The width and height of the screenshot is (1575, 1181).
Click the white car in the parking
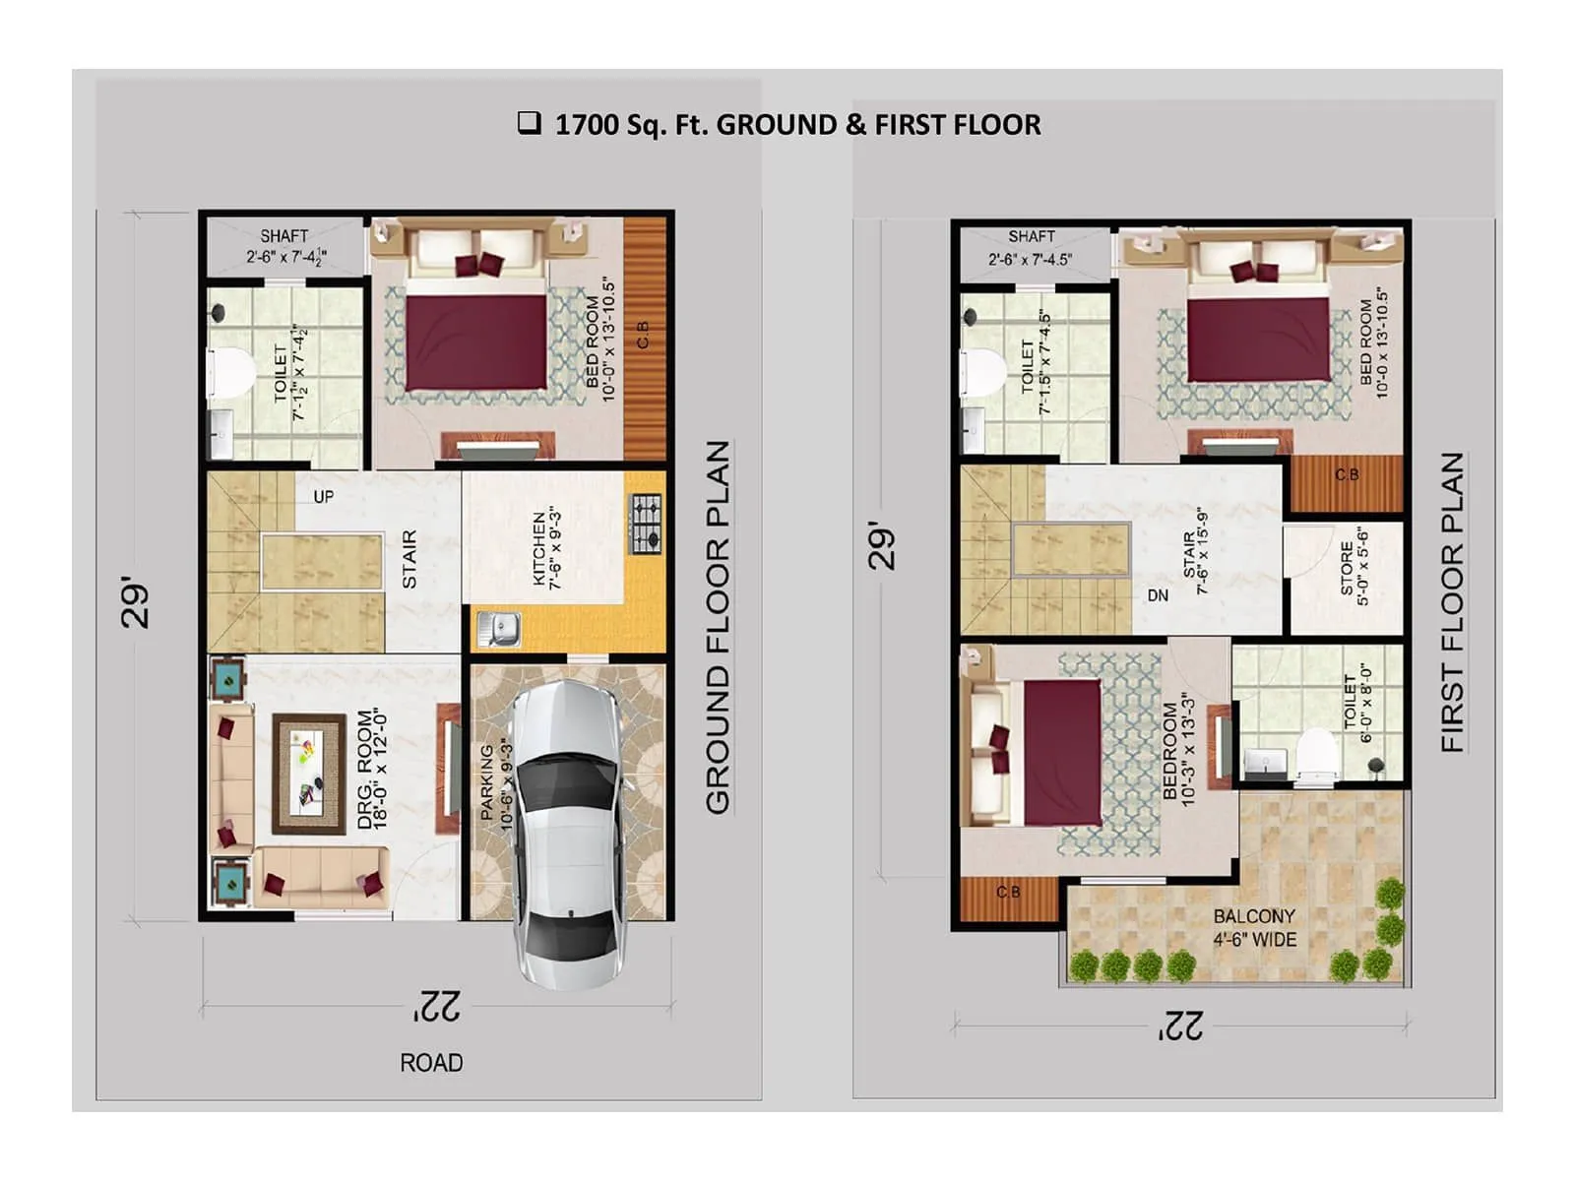[x=568, y=832]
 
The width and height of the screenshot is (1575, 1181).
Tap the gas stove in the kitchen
[x=647, y=525]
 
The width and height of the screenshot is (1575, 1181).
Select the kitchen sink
[x=499, y=629]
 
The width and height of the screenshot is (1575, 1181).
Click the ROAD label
[x=431, y=1063]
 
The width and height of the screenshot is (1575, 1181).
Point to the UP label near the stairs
[x=323, y=497]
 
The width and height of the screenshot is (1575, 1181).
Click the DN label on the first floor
[x=1158, y=595]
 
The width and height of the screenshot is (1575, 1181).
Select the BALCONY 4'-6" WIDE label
[x=1254, y=928]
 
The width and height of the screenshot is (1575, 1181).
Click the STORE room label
[x=1354, y=575]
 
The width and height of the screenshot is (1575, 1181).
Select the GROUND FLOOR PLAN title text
[x=719, y=627]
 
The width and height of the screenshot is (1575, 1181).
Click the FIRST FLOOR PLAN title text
[x=1453, y=602]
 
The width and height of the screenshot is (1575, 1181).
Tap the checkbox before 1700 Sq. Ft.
[x=530, y=123]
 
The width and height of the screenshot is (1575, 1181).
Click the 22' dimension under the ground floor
[x=436, y=1006]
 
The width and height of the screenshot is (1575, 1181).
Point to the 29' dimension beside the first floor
[x=883, y=546]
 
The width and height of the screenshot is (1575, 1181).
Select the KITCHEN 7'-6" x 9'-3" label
[x=546, y=549]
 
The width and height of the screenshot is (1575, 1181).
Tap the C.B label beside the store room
[x=1347, y=475]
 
